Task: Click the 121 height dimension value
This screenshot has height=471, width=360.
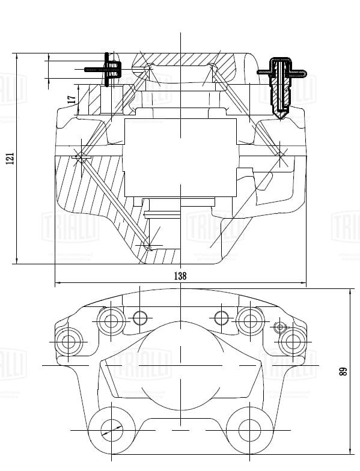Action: [x=10, y=158]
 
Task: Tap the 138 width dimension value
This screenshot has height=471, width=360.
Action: [x=180, y=276]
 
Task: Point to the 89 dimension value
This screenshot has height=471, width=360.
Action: [x=343, y=371]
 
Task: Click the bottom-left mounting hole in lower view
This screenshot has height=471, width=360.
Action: [x=111, y=430]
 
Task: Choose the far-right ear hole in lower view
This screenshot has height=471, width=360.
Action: [x=293, y=342]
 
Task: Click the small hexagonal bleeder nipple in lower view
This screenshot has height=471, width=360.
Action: [x=278, y=327]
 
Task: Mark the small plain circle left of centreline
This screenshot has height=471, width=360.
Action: [x=139, y=317]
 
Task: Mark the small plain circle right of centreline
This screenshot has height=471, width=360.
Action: [x=221, y=317]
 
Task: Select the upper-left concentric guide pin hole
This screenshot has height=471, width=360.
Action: [x=111, y=320]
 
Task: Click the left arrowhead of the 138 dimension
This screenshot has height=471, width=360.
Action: [x=57, y=283]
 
